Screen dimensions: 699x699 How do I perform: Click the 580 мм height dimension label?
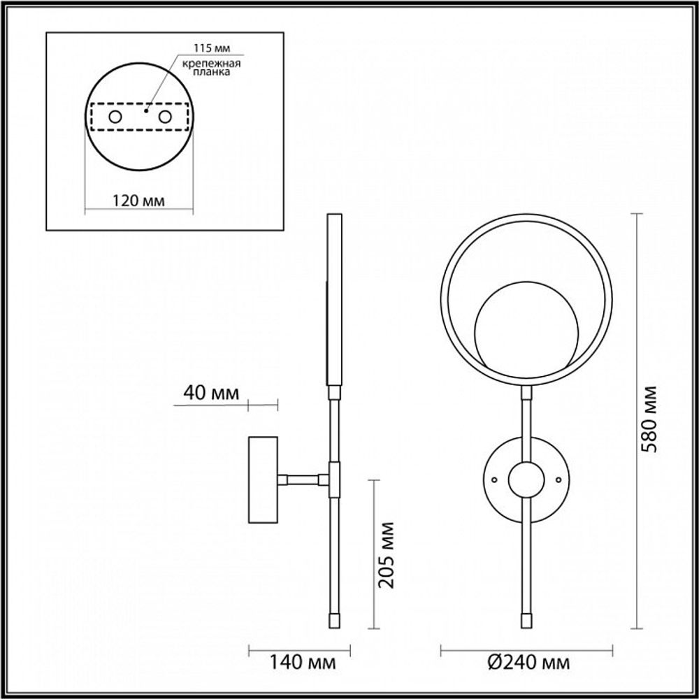[x=651, y=418]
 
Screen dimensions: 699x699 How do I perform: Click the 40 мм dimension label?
[x=208, y=392]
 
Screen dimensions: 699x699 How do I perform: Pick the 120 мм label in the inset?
[x=138, y=201]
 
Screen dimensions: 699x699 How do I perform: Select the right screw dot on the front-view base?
[x=557, y=480]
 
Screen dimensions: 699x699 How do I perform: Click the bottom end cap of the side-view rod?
[x=333, y=619]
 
